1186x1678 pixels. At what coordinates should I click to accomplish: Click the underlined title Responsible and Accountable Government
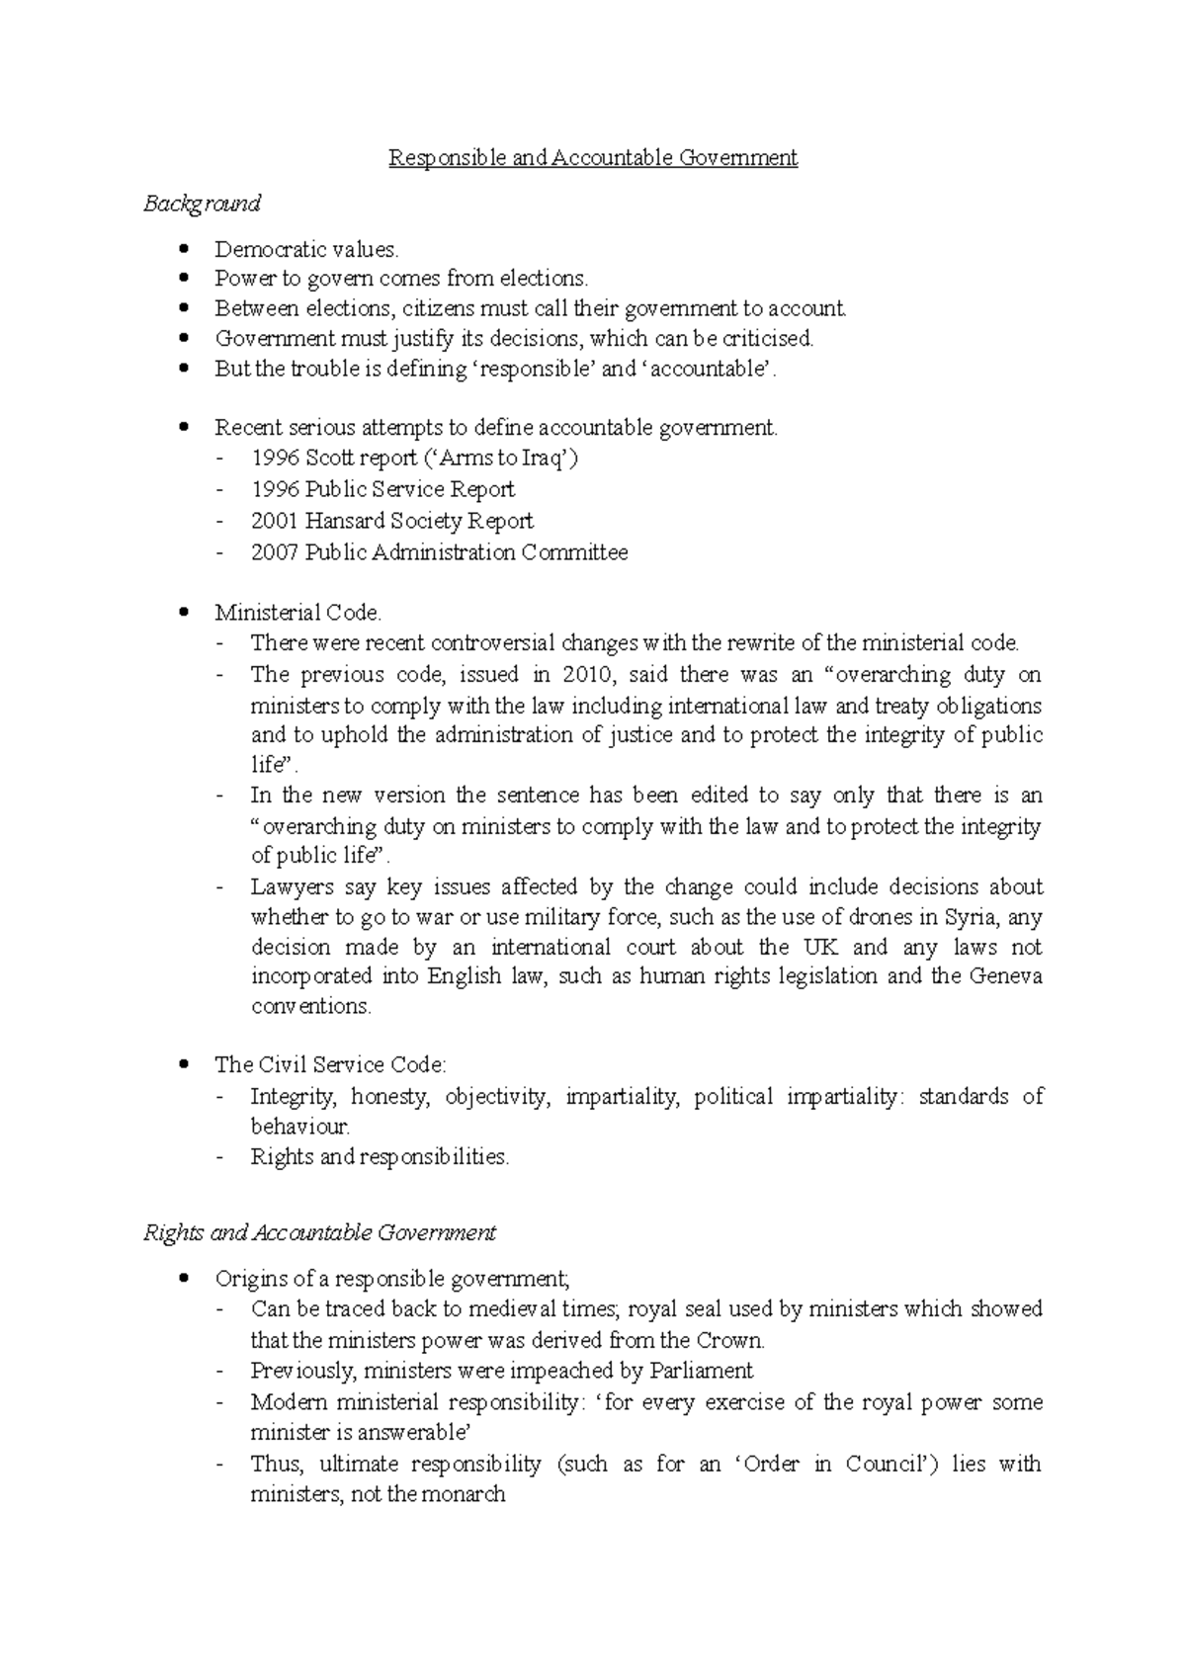[592, 158]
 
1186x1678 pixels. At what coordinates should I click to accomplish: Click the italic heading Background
[202, 204]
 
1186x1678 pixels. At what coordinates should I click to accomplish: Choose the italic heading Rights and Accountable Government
[319, 1233]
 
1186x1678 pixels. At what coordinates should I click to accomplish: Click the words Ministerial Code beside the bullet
[296, 613]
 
